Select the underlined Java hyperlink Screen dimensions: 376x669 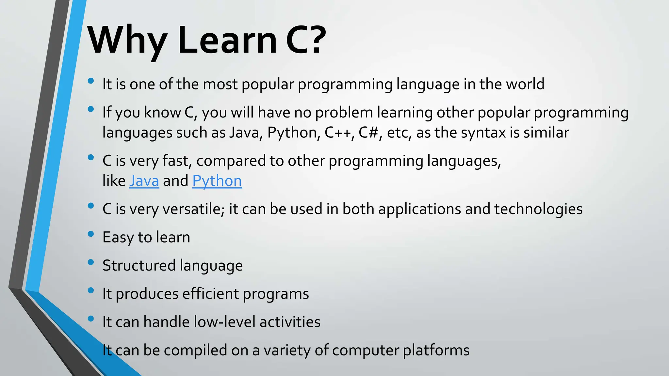[x=144, y=181]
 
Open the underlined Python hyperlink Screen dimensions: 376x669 [x=217, y=181]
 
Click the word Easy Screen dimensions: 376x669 [x=118, y=237]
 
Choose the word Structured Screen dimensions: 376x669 [x=139, y=265]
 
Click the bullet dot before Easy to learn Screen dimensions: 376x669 [x=91, y=234]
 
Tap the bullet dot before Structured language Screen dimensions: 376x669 [x=91, y=262]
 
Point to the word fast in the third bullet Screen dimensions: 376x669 [x=175, y=161]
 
